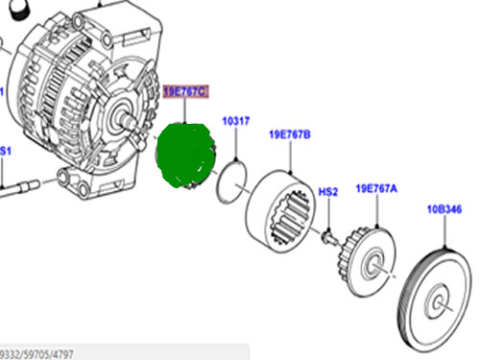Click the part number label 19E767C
[x=185, y=92]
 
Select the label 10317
[x=236, y=122]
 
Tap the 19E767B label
[x=290, y=135]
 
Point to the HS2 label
[x=328, y=192]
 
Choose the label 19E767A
[x=377, y=188]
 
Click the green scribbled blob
[x=184, y=156]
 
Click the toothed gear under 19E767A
[x=366, y=256]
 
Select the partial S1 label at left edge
[x=5, y=151]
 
